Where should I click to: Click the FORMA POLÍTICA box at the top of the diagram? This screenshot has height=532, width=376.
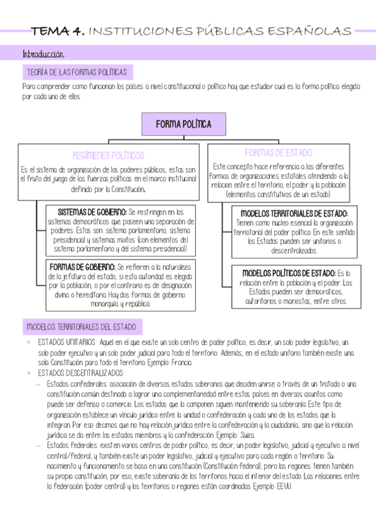pyautogui.click(x=183, y=124)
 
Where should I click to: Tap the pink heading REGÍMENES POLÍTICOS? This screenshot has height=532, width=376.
pyautogui.click(x=108, y=155)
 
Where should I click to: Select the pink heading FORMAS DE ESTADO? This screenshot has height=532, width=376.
pyautogui.click(x=278, y=152)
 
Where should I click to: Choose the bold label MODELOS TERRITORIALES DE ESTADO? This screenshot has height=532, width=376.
pyautogui.click(x=294, y=213)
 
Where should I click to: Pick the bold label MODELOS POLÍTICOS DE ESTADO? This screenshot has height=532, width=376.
pyautogui.click(x=288, y=273)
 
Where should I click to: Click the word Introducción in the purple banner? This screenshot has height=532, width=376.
pyautogui.click(x=43, y=54)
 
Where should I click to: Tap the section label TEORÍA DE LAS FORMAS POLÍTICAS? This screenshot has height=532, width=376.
pyautogui.click(x=75, y=73)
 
